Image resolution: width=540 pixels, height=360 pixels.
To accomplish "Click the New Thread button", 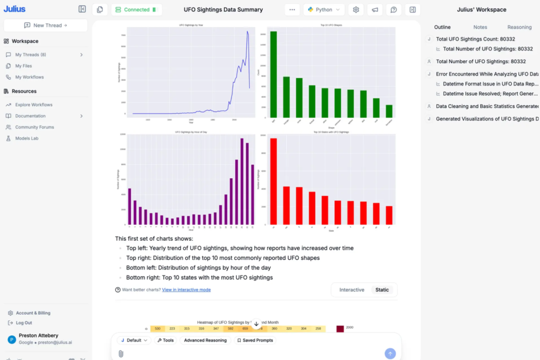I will click(x=46, y=25).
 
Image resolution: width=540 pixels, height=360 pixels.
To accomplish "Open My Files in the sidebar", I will click(x=24, y=66).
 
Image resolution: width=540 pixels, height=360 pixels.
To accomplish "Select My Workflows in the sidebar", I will click(x=29, y=77).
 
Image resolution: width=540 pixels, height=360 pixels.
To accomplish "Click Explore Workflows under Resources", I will click(x=34, y=105).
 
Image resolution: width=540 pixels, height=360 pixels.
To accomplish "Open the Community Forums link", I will click(x=34, y=127).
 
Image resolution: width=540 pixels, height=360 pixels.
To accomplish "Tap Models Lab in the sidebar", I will click(x=26, y=138).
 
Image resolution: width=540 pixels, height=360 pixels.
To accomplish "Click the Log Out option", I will click(x=24, y=323).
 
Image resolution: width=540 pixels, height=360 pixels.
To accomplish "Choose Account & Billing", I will click(x=33, y=313).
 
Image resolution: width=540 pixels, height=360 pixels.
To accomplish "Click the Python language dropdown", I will click(x=324, y=10).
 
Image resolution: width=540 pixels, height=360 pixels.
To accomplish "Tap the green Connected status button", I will click(x=137, y=10).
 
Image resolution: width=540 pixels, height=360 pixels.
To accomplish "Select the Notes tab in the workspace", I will click(x=480, y=27).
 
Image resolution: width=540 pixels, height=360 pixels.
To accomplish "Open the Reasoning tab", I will click(x=519, y=27).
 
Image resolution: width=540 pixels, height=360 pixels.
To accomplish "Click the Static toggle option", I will click(x=382, y=290).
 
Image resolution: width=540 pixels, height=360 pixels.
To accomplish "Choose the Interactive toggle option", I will click(x=352, y=290).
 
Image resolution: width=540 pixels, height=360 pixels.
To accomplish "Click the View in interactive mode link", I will click(x=186, y=290).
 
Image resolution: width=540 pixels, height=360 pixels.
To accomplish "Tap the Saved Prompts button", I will click(x=255, y=340).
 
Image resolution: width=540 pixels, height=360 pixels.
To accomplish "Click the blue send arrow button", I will click(x=390, y=353).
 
